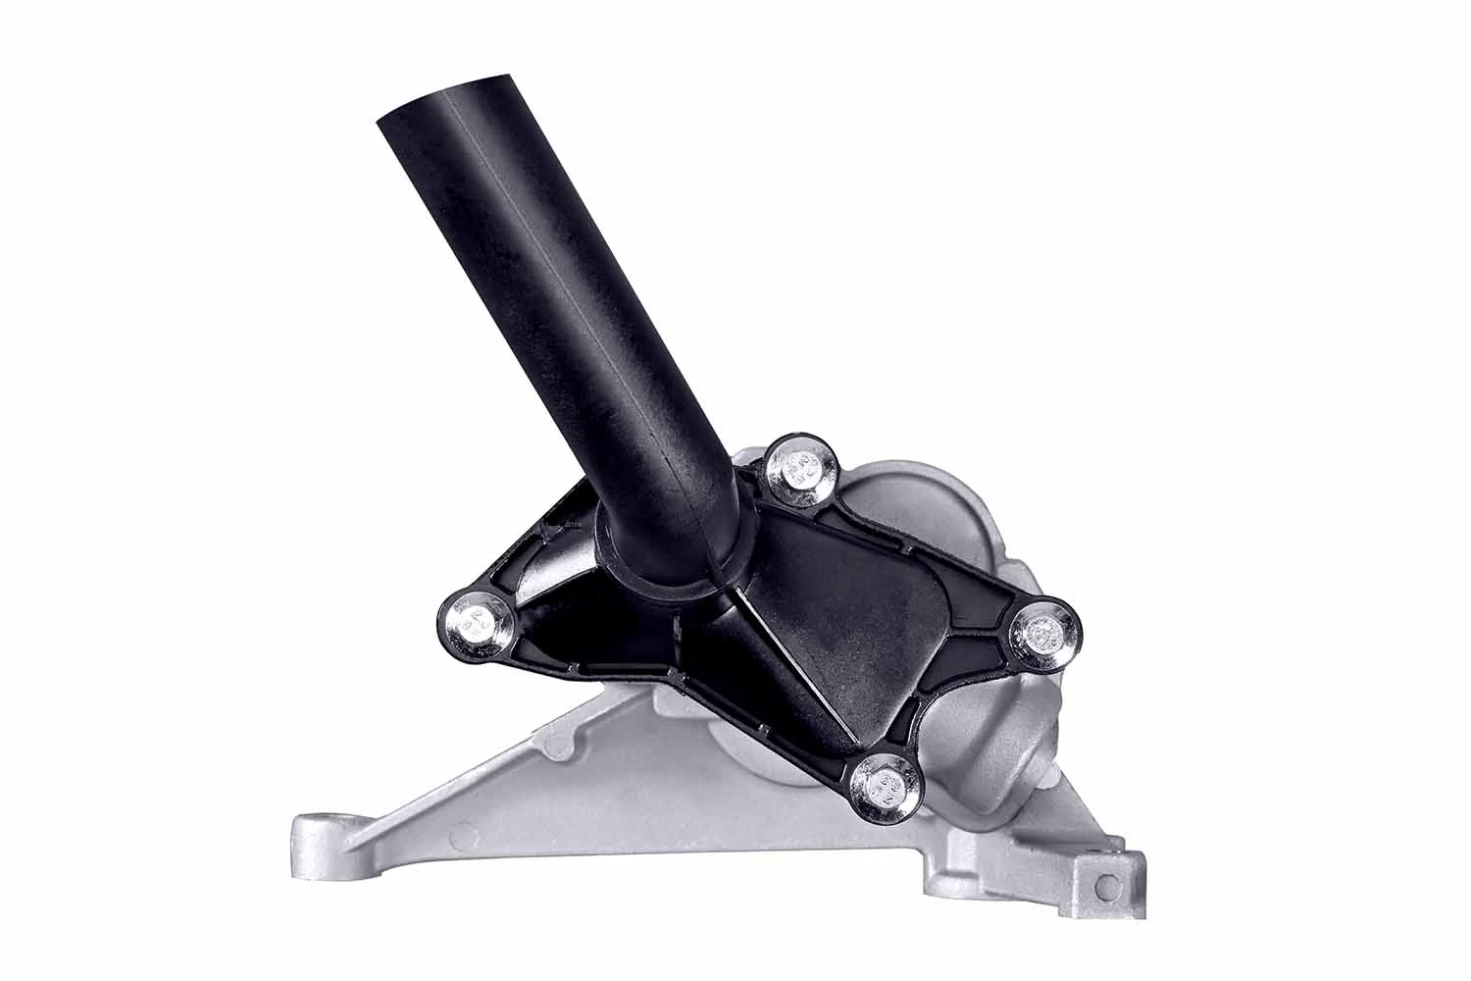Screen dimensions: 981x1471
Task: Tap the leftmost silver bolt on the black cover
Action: [x=475, y=621]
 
